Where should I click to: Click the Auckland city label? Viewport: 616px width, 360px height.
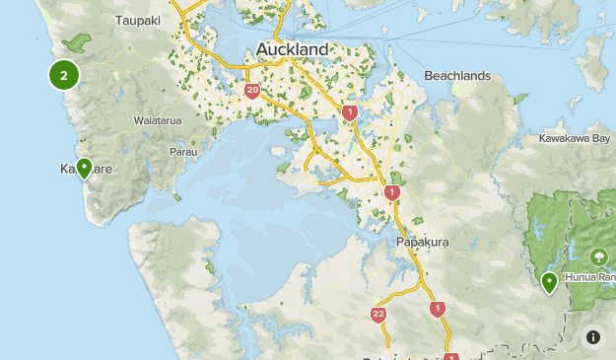coord(293,49)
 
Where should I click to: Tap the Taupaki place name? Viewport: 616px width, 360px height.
coord(139,20)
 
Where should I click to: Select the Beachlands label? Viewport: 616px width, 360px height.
coord(456,76)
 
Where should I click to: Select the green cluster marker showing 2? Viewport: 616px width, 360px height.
coord(64,75)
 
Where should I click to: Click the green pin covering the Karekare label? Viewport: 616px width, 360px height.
coord(85,169)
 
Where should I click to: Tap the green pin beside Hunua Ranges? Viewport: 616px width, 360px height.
coord(549,282)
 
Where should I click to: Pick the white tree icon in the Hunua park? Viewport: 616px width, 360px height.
coord(600,256)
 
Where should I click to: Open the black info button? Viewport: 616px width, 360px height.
coord(593,337)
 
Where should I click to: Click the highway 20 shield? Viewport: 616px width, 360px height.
coord(253,92)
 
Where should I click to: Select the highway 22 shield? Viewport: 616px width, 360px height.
coord(378,315)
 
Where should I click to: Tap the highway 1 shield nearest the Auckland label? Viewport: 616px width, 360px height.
coord(350,112)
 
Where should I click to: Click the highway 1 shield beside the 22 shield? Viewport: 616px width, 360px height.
coord(438,309)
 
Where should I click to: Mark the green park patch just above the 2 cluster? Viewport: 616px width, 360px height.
coord(76,43)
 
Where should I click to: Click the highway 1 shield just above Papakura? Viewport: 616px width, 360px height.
coord(392,192)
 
